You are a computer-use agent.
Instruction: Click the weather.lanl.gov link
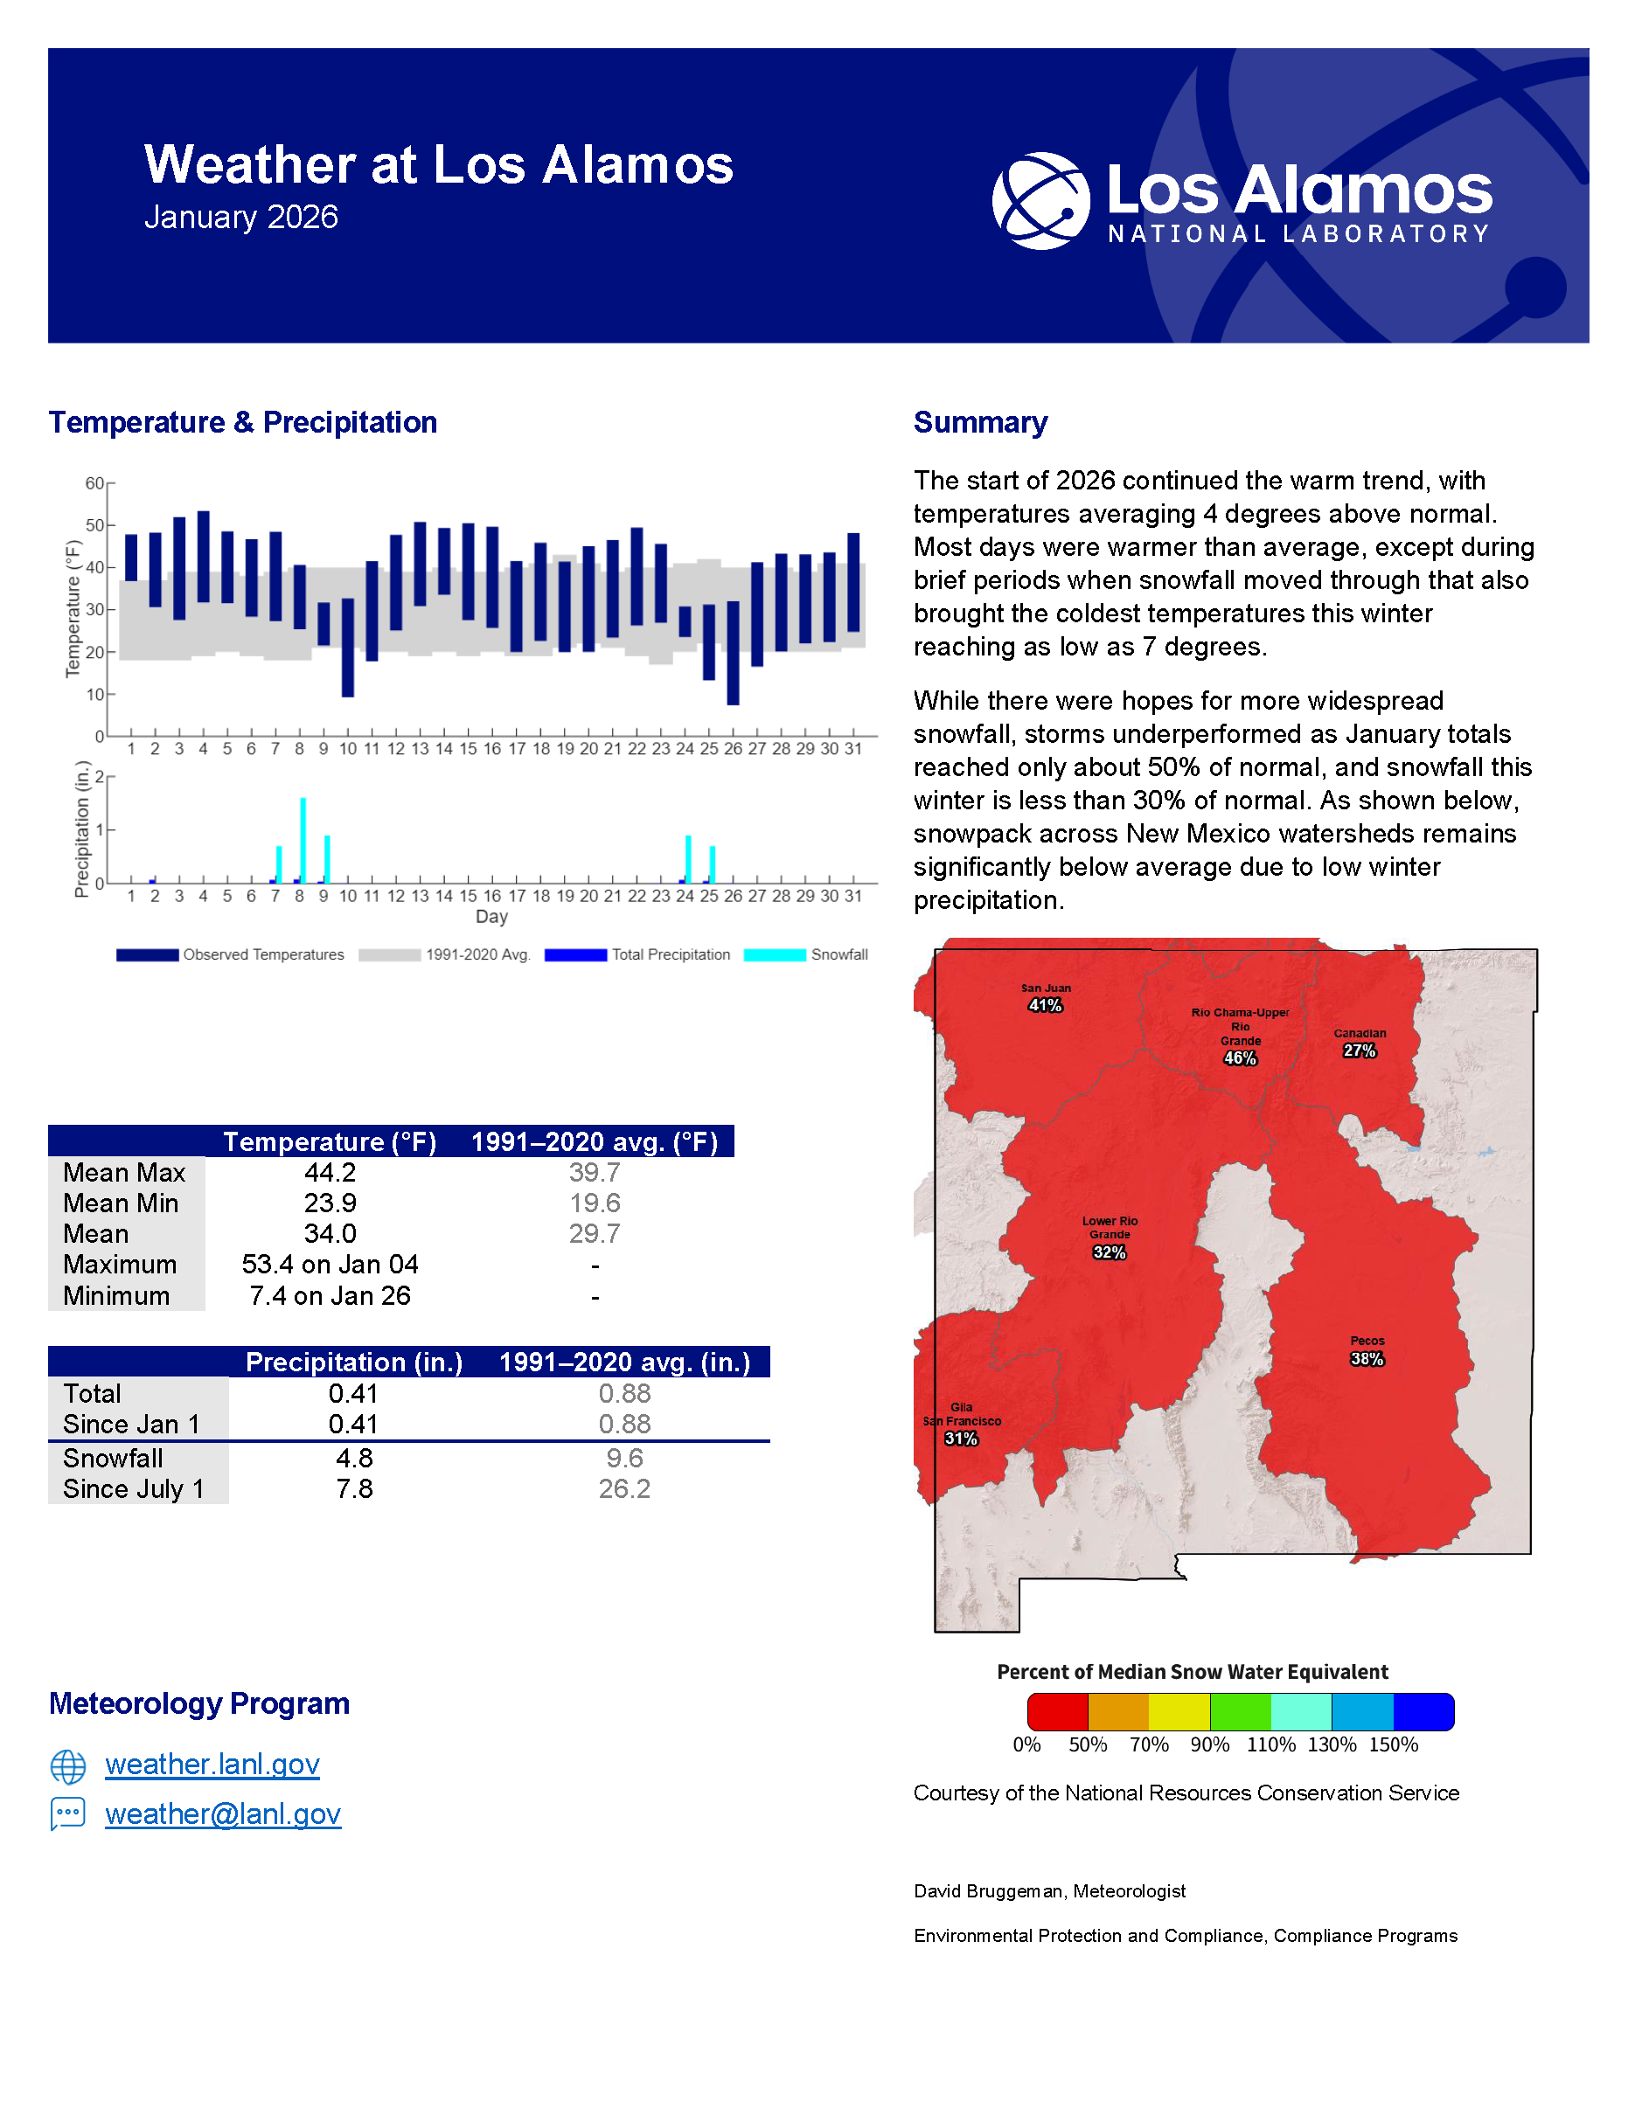coord(212,1765)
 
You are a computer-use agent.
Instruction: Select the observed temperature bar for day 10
coord(348,647)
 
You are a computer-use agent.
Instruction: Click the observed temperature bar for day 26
coord(734,653)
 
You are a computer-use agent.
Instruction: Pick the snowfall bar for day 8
coord(303,840)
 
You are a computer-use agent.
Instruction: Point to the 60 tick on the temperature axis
coord(95,483)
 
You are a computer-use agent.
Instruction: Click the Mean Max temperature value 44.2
coord(330,1173)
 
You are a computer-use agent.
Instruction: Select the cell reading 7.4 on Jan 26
coord(330,1296)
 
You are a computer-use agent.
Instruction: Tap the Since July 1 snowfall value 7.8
coord(354,1489)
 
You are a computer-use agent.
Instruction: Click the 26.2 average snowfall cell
coord(625,1489)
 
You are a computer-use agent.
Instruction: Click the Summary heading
coord(980,422)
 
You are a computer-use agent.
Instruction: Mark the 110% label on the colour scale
coord(1270,1745)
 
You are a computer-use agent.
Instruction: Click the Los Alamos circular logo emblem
coord(1041,200)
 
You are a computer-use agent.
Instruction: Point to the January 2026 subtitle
coord(241,217)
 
